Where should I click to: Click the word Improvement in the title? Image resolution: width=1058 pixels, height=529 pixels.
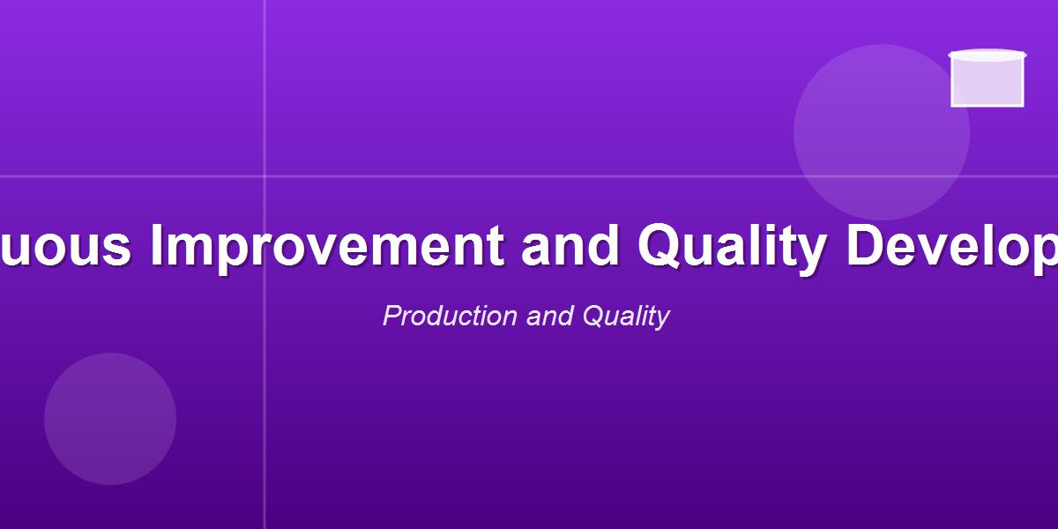[328, 246]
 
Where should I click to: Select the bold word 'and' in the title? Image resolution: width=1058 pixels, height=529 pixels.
[570, 246]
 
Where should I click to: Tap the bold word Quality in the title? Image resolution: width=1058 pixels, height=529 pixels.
[731, 246]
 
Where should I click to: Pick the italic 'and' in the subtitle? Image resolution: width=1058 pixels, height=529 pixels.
[550, 316]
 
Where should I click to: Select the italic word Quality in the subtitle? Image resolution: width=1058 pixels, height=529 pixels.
[625, 316]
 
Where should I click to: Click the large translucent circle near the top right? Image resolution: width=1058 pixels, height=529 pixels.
[882, 132]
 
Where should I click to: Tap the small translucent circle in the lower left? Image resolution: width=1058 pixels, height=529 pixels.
[110, 419]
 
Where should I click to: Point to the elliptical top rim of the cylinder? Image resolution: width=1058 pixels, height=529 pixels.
[987, 56]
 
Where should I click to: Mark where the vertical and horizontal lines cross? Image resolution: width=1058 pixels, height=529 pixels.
[264, 176]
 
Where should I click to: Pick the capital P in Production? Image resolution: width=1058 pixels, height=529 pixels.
[391, 316]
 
